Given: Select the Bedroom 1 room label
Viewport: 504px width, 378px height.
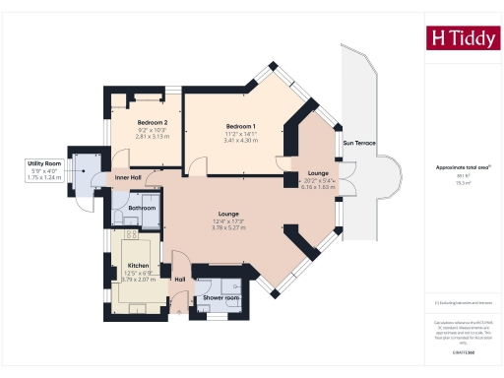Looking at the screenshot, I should [x=240, y=127].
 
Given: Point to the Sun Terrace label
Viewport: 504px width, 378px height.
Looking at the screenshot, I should [x=358, y=144].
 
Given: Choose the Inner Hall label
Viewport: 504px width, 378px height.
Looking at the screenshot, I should [x=128, y=177].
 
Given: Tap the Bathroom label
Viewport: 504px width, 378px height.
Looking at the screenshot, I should [x=143, y=208].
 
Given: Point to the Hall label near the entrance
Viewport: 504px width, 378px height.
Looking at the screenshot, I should [x=180, y=279].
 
